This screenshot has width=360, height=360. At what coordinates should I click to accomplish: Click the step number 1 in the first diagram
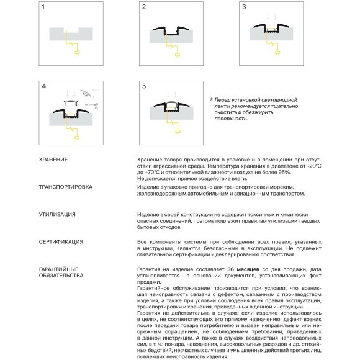coord(43,7)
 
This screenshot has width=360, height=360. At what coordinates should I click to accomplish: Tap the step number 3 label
coord(244,7)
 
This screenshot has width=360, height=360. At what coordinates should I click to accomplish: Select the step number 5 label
coord(144,86)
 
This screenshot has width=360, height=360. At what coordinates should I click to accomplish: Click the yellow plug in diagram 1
coord(78,53)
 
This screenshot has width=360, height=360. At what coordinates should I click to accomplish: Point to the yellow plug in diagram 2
coord(178,55)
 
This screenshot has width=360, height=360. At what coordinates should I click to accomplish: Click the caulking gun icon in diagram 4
coord(92,106)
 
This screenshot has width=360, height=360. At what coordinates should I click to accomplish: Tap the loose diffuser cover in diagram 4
coord(71,102)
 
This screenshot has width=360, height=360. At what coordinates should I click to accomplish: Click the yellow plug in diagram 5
coord(178,132)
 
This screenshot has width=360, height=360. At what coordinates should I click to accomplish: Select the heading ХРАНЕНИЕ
coord(53,160)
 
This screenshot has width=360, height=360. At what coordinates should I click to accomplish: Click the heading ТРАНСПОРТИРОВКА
coord(66,187)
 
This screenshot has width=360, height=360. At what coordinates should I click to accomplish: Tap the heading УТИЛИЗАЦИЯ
coord(57,214)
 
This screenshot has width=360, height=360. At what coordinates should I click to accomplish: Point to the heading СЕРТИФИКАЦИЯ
coord(61,242)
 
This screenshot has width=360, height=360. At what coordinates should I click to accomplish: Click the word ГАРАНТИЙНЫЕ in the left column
coord(59,269)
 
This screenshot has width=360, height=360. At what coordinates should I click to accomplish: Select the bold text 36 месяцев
coord(243,269)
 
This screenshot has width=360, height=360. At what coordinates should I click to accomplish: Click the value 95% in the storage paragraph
coord(284,172)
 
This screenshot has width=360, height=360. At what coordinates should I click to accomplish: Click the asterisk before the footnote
coord(211,100)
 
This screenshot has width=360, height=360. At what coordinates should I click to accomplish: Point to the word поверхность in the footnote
coord(231,119)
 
